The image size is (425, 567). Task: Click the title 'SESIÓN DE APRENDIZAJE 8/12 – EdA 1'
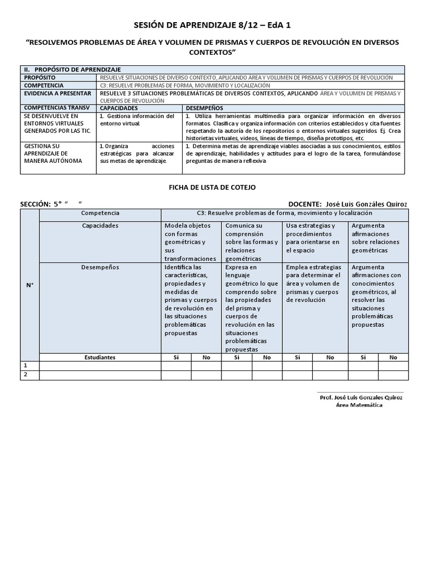click(212, 25)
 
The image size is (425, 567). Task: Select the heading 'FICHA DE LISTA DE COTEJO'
click(212, 188)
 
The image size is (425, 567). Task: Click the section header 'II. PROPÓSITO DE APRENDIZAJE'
click(72, 69)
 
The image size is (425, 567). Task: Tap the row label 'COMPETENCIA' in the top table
click(44, 85)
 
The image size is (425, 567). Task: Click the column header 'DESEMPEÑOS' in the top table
click(204, 108)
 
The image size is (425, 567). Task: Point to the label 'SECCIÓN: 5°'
click(42, 204)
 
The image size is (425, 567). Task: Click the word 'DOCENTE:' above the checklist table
click(305, 204)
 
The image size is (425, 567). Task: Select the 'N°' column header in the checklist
click(29, 285)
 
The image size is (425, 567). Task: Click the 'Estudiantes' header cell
click(100, 357)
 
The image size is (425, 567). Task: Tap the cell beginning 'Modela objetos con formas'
click(190, 242)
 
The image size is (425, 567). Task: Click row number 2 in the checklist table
click(24, 375)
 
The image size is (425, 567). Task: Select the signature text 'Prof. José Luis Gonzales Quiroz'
click(360, 398)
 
